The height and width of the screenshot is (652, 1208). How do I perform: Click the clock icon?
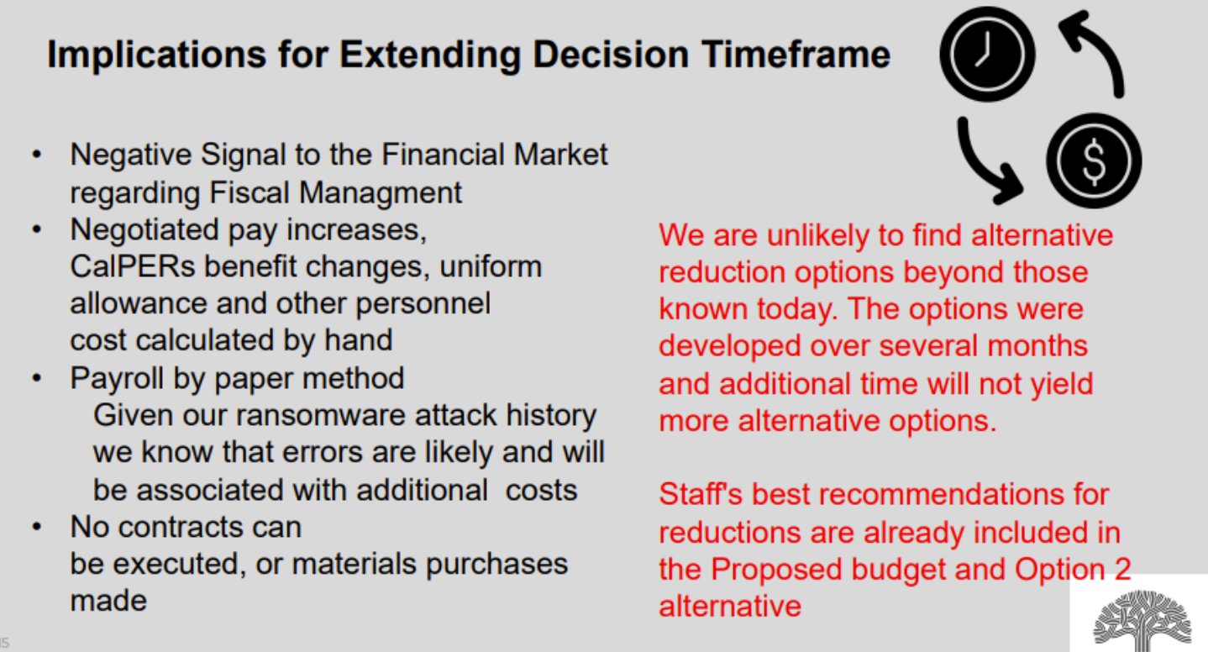pos(987,54)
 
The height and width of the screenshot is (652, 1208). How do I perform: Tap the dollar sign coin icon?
pos(1094,160)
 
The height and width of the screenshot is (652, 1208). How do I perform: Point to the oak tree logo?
pos(1142,620)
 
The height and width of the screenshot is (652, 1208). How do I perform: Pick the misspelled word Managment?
pos(381,193)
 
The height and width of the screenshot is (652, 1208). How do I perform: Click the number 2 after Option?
pos(1122,569)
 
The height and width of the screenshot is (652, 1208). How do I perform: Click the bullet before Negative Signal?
pos(37,155)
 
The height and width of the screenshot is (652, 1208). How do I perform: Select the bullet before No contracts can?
pos(37,527)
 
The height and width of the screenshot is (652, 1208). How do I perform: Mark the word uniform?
pos(491,266)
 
